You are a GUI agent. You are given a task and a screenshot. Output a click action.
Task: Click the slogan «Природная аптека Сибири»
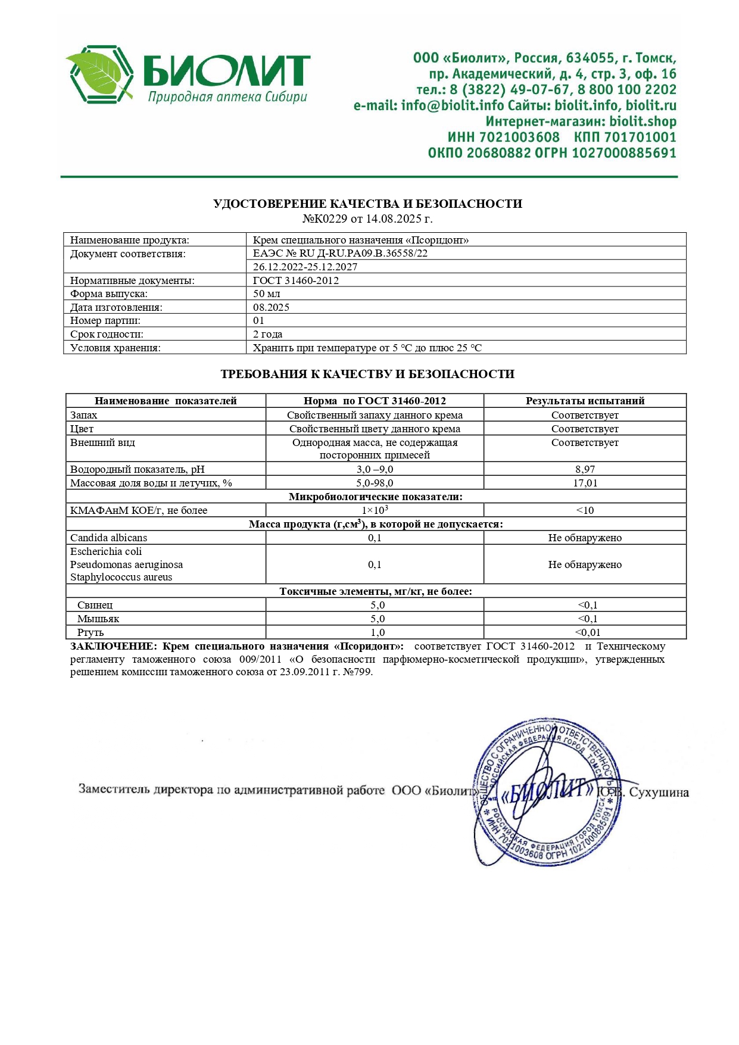click(x=227, y=97)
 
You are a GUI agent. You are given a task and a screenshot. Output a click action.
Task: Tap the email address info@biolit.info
click(x=453, y=106)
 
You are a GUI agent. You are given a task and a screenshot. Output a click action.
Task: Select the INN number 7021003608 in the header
click(x=519, y=138)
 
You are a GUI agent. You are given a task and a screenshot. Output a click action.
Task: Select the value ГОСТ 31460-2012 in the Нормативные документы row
click(x=296, y=280)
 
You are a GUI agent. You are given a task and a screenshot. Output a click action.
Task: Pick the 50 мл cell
click(x=266, y=294)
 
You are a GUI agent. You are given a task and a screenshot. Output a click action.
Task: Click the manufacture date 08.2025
click(x=271, y=307)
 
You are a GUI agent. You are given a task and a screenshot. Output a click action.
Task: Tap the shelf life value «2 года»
click(x=267, y=334)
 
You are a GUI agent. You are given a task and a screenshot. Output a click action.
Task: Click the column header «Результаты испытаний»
click(x=585, y=401)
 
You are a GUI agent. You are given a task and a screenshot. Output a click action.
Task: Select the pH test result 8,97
click(x=585, y=469)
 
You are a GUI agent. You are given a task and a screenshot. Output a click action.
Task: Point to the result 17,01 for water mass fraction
click(x=585, y=483)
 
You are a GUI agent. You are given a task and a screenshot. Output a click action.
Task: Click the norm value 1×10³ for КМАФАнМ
click(x=375, y=510)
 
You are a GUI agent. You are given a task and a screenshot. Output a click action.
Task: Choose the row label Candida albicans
click(x=108, y=538)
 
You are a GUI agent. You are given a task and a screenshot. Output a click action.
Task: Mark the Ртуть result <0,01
click(x=587, y=632)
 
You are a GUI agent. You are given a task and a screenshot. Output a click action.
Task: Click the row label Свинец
click(x=95, y=605)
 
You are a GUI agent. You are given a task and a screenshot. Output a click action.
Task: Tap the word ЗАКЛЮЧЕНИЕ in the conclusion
click(x=113, y=647)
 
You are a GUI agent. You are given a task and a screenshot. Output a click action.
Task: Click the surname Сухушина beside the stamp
click(x=659, y=793)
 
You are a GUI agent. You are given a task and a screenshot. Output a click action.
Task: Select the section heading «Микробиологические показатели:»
click(x=375, y=497)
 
